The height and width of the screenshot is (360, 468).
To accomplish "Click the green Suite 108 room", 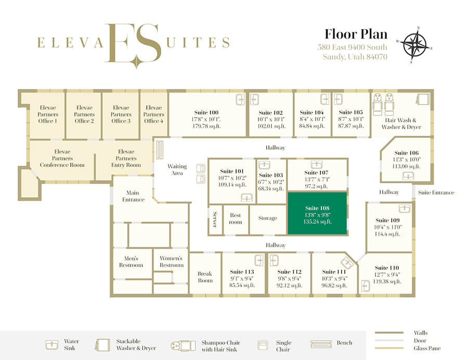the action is tap(317, 213).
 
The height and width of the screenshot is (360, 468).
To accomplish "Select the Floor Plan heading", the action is tap(356, 34).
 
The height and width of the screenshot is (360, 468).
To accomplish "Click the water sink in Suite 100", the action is tap(240, 99).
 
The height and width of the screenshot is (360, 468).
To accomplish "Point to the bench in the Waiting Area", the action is tap(160, 149).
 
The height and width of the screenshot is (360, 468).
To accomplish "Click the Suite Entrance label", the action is tap(436, 192).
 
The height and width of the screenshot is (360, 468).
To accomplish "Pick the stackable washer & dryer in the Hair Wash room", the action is tap(423, 99).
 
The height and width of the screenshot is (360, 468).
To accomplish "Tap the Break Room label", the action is tap(205, 277).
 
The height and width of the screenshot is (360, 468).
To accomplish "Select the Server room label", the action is tap(215, 220).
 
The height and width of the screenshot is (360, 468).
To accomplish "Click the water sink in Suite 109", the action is tap(405, 209).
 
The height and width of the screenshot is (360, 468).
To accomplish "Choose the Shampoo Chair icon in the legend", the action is tap(183, 345).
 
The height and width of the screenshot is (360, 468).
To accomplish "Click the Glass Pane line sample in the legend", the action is tap(389, 348).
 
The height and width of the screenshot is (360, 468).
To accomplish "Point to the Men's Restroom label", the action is tap(131, 262).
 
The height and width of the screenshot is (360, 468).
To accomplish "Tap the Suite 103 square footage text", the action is tap(271, 189).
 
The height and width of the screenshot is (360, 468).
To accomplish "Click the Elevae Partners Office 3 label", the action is tap(121, 114).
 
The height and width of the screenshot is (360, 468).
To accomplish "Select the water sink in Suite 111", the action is tap(347, 263).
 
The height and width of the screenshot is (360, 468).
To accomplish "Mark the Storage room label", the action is tap(268, 218).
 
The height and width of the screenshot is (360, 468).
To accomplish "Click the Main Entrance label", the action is tap(133, 196).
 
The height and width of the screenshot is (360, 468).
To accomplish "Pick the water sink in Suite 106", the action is tap(408, 176).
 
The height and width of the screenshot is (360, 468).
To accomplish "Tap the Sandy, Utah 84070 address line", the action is tap(355, 57).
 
